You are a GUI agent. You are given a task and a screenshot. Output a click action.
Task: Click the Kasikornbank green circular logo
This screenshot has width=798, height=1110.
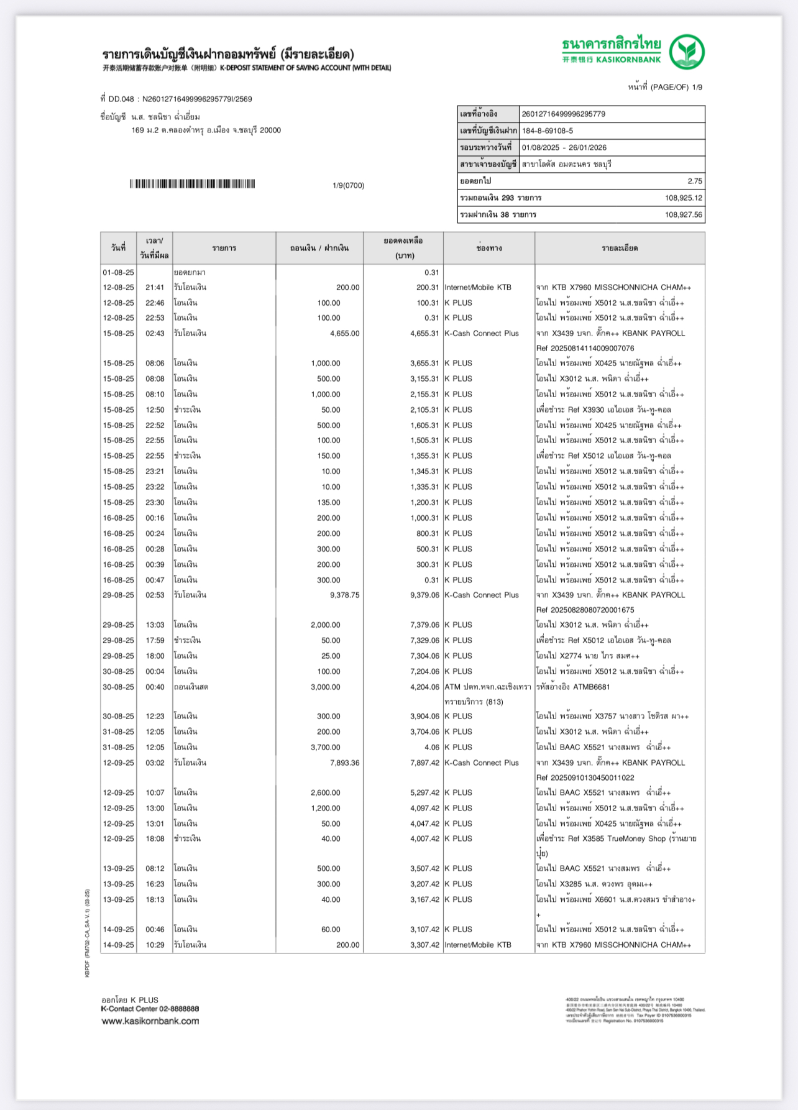pyautogui.click(x=687, y=52)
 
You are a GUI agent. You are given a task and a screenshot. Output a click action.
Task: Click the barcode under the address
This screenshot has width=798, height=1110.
pyautogui.click(x=193, y=184)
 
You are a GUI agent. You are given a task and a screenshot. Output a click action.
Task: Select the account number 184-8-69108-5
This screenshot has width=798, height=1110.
pyautogui.click(x=548, y=131)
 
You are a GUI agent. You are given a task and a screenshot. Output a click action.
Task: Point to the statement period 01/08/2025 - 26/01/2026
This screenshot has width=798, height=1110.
pyautogui.click(x=564, y=148)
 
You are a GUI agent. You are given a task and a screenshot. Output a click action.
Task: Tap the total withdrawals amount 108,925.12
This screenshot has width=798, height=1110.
pyautogui.click(x=684, y=198)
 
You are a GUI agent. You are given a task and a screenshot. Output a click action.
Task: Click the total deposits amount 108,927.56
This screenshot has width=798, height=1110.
pyautogui.click(x=684, y=215)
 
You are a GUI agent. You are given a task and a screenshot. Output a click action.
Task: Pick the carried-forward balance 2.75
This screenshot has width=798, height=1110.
pyautogui.click(x=695, y=181)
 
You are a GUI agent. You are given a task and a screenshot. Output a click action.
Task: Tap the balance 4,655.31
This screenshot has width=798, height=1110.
pyautogui.click(x=424, y=334)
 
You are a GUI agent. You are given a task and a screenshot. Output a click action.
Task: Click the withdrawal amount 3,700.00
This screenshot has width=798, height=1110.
pyautogui.click(x=326, y=748)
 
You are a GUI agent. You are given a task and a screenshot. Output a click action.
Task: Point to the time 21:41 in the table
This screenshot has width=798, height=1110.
pyautogui.click(x=155, y=288)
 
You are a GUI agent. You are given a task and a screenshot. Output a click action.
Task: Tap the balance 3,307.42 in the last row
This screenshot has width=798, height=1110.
pyautogui.click(x=424, y=945)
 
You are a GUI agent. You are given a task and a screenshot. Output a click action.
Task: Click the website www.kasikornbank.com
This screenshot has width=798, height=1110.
pyautogui.click(x=150, y=1021)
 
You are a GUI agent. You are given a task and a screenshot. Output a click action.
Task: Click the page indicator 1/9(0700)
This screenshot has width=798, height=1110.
pyautogui.click(x=348, y=186)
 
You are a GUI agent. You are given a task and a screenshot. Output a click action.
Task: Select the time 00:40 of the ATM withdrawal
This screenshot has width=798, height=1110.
pyautogui.click(x=155, y=687)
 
